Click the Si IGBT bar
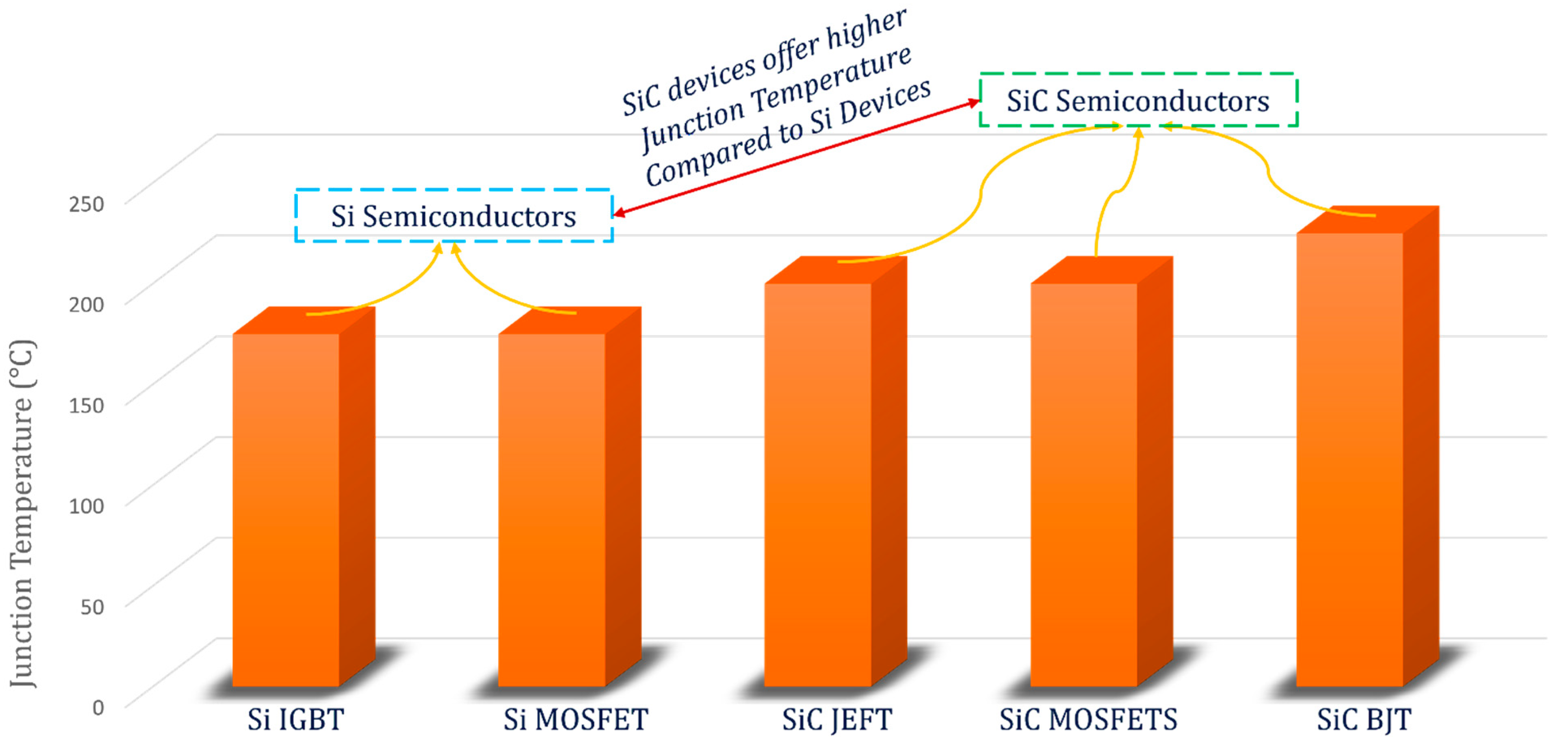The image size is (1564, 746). pyautogui.click(x=286, y=510)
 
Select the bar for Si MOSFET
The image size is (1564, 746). pyautogui.click(x=552, y=510)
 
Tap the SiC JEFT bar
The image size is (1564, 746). pyautogui.click(x=818, y=486)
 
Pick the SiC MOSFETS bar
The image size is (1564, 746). pyautogui.click(x=1084, y=486)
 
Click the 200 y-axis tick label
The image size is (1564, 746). pyautogui.click(x=86, y=304)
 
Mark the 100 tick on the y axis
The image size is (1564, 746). pyautogui.click(x=86, y=505)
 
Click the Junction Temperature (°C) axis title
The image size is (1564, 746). pyautogui.click(x=23, y=513)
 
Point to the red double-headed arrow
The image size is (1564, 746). pyautogui.click(x=795, y=158)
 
